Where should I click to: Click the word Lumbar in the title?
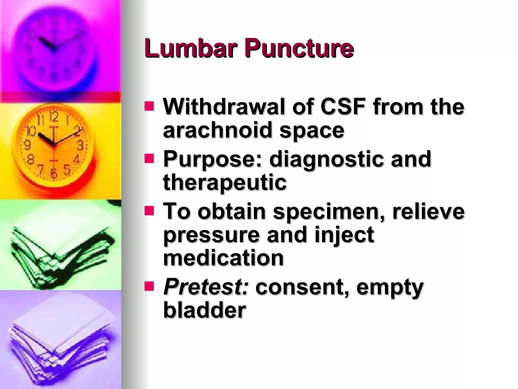point(191,48)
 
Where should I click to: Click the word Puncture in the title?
point(299,48)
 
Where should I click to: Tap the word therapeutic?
point(225,183)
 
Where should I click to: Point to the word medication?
point(223,258)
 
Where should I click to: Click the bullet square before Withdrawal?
point(149,106)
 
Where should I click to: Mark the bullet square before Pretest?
point(149,287)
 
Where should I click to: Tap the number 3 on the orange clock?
point(80,146)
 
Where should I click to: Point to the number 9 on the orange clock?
point(27,145)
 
